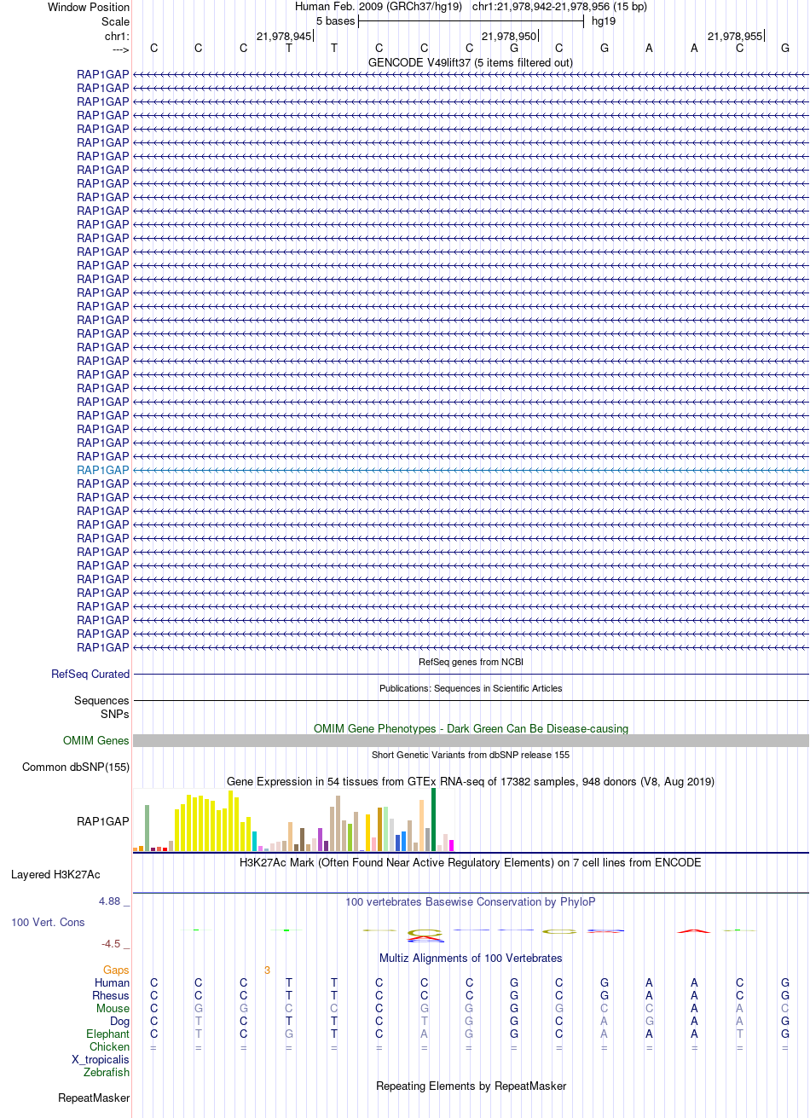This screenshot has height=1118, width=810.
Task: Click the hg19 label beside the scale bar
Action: tap(604, 20)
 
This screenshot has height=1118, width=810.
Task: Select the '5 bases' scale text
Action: tap(335, 20)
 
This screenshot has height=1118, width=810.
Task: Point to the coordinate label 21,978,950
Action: tap(509, 36)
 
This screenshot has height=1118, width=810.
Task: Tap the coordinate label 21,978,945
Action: tap(284, 36)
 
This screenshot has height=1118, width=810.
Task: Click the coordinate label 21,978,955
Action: tap(735, 36)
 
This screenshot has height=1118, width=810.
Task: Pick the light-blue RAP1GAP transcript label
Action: tap(103, 470)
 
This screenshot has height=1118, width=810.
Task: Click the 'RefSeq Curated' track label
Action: tap(90, 674)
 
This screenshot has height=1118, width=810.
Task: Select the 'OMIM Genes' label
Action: tap(96, 740)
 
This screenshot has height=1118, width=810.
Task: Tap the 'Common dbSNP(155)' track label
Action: tap(76, 767)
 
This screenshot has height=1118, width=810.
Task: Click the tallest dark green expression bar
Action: tap(434, 819)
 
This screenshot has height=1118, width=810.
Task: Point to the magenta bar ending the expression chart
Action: tap(452, 845)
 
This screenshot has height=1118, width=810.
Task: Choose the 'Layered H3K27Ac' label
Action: tap(55, 874)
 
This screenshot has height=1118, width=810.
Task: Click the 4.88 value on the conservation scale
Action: tap(111, 901)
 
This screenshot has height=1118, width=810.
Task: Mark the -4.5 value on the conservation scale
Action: tap(114, 943)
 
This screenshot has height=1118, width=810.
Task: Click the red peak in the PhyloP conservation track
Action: tap(694, 930)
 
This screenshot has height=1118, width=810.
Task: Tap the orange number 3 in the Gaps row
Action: tap(267, 970)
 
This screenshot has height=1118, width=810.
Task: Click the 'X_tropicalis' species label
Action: tap(101, 1059)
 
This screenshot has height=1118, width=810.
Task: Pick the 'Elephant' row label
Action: tap(107, 1034)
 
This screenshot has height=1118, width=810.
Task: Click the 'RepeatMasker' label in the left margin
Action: tap(94, 1098)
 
